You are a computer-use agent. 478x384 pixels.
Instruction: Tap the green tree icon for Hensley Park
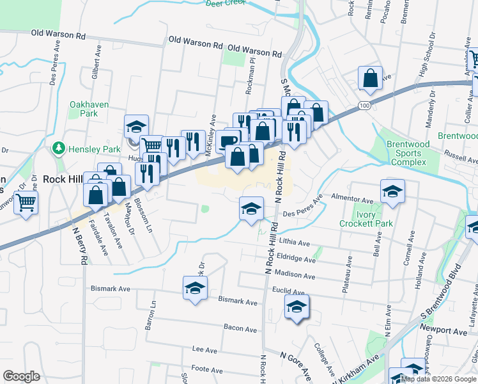(x=59, y=148)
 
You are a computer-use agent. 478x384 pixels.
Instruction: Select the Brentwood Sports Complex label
(x=408, y=153)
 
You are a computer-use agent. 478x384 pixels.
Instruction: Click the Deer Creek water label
(x=226, y=3)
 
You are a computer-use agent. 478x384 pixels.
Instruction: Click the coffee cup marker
(x=227, y=140)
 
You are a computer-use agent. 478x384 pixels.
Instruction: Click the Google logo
(x=21, y=376)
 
